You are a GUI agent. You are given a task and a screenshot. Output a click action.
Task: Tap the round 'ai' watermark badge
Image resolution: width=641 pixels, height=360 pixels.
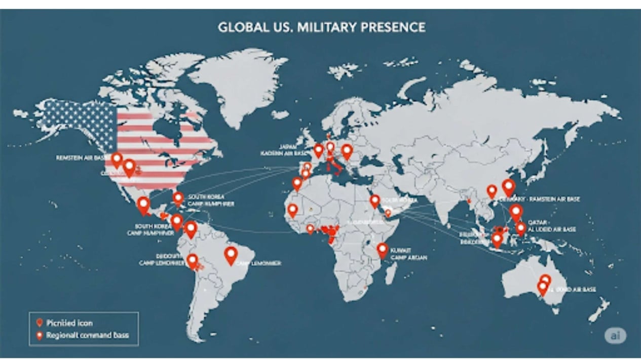coord(615,335)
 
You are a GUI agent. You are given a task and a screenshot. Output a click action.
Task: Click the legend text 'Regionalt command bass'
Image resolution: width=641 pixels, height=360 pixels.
coord(87,335)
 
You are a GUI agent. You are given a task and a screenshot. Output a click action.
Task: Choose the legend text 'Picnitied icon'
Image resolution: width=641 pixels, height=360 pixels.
coord(69,323)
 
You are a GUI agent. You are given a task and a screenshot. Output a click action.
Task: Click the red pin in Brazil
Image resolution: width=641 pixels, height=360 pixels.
coord(231,255)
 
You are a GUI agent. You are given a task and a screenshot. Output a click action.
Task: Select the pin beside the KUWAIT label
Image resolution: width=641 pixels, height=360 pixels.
coord(382,250)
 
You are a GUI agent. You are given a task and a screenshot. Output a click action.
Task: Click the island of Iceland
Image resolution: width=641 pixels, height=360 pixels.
coord(280,115)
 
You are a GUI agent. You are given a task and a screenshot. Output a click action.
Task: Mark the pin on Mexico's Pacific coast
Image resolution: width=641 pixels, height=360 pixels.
coord(143,205)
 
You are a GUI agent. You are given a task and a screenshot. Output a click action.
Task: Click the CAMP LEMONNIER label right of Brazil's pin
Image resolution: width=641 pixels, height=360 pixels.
coord(259,263)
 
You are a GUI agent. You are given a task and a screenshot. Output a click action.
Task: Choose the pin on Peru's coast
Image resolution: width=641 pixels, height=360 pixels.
coord(192,261)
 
